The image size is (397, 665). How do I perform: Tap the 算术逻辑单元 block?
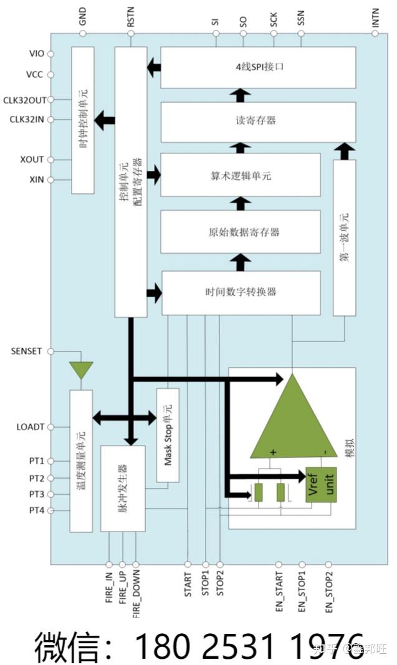[241, 176]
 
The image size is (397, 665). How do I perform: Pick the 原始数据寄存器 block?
[241, 231]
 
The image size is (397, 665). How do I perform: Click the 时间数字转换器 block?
[241, 292]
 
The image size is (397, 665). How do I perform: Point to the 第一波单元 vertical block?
[344, 237]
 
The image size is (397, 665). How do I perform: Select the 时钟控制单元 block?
[83, 119]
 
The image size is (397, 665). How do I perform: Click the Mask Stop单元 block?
[167, 435]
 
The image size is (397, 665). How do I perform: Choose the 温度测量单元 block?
[80, 461]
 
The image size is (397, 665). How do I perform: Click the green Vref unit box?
[321, 484]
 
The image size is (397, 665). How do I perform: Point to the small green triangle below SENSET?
[80, 370]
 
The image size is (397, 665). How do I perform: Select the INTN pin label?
[375, 17]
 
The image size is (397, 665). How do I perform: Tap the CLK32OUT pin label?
[24, 100]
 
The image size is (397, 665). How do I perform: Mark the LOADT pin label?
[30, 427]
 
